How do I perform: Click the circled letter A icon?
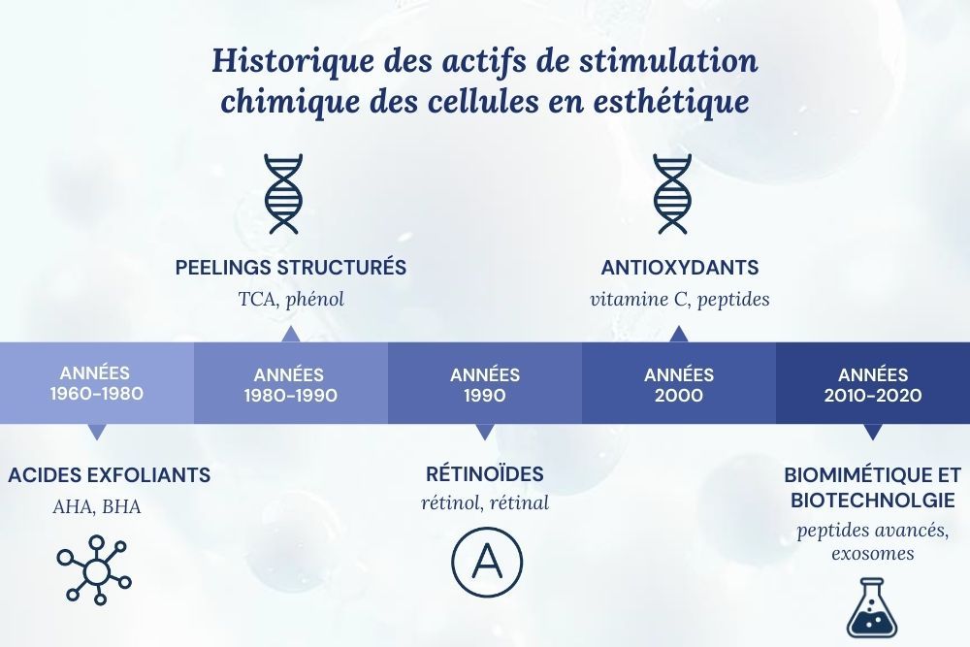click(486, 563)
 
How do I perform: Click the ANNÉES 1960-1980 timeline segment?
click(96, 384)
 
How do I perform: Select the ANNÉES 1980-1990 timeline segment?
click(290, 384)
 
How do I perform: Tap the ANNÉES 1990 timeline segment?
click(485, 384)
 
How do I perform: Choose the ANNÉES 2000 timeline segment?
click(679, 384)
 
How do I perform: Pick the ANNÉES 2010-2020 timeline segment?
click(873, 384)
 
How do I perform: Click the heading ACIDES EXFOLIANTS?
click(109, 475)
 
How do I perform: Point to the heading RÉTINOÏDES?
click(485, 474)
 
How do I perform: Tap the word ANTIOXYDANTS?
click(679, 268)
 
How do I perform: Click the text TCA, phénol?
click(291, 299)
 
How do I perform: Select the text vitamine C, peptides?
click(679, 299)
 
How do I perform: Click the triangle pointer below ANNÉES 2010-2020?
click(873, 432)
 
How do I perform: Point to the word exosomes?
click(872, 554)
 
